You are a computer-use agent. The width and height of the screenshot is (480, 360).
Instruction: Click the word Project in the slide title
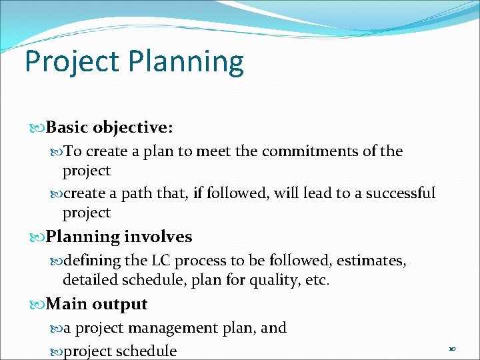[71, 62]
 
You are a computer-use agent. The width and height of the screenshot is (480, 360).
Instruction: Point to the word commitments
[309, 151]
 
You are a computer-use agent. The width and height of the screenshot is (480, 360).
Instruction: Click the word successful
[396, 193]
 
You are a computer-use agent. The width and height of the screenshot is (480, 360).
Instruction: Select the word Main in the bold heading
[67, 305]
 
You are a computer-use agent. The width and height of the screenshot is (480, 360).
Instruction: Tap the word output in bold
[120, 305]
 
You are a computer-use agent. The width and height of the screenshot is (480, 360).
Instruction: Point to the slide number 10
[452, 349]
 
